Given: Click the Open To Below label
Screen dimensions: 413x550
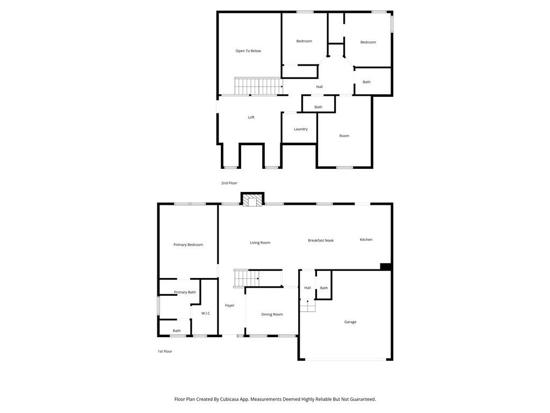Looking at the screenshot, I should coord(248,51).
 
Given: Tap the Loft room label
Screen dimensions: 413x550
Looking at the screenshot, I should coord(251,117).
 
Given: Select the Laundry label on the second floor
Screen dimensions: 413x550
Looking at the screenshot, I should coord(301,129).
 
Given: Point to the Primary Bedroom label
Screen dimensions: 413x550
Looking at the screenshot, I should coord(188,245).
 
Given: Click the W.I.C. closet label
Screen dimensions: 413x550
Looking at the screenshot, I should coord(206,313).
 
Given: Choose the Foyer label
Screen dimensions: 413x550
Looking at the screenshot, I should coord(230,305).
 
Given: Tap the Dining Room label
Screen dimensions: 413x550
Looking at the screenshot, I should coord(272,315).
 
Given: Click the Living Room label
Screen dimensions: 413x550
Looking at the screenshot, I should coord(260,243).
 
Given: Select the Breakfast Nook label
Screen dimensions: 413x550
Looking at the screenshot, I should coord(321,240).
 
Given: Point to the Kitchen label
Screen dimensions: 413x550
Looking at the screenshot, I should coord(366,240).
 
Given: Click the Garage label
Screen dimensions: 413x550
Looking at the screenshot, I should coord(350,322).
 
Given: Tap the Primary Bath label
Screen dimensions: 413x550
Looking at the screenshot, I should coord(185,293).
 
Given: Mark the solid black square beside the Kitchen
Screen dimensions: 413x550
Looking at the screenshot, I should coord(385,266).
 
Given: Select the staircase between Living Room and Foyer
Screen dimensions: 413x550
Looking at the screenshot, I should coord(247,279).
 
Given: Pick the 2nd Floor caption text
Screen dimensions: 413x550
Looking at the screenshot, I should coord(229,183).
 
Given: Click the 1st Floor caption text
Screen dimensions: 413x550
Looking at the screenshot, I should coord(165,352).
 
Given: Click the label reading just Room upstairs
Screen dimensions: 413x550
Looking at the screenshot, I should coord(344,136).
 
